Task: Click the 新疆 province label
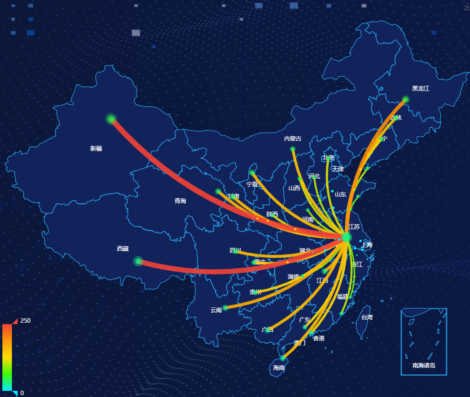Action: [96, 149]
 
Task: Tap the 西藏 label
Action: [123, 249]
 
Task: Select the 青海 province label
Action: [180, 201]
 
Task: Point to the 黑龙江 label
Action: [420, 89]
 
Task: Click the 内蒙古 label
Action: [293, 139]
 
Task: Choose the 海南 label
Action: [279, 368]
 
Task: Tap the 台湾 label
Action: [367, 317]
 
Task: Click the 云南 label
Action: [216, 310]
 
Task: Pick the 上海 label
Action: [367, 245]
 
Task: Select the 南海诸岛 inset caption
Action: [424, 366]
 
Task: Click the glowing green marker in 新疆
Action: [111, 119]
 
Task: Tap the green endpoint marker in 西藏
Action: [138, 261]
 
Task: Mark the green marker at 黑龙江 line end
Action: [405, 100]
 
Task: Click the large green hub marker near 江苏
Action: [346, 237]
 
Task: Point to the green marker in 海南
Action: [283, 358]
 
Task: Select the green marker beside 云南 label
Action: [225, 307]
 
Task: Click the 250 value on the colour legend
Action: [26, 321]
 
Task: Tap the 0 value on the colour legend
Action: [22, 393]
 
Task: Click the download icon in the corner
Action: [466, 7]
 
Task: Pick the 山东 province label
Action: [340, 194]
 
